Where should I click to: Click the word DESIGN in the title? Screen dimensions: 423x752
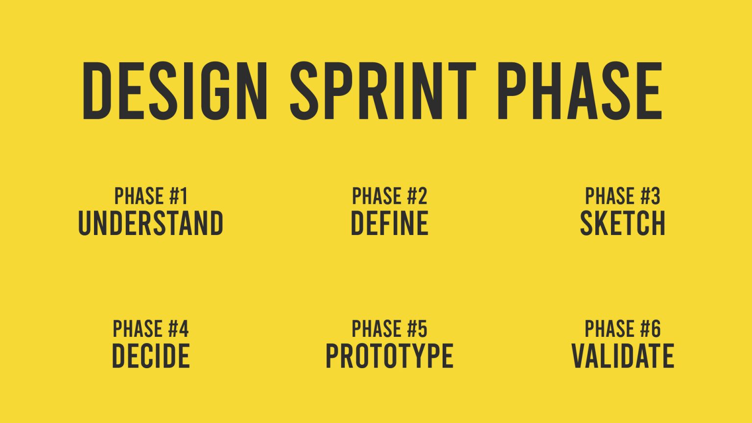point(175,91)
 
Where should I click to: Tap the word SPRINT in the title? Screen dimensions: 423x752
point(383,91)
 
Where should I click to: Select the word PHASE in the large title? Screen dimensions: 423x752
point(580,91)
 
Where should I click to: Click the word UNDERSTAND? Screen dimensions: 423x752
point(151,223)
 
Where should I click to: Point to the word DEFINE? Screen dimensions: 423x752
point(390,223)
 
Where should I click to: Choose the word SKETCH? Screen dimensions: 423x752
point(623,223)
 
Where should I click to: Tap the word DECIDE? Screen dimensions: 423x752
point(151,356)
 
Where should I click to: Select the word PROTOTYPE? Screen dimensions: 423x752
point(390,356)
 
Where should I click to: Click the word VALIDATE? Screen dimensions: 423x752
point(623,356)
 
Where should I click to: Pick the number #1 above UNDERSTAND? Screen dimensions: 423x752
point(179,196)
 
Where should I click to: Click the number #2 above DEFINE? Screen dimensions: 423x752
point(417,196)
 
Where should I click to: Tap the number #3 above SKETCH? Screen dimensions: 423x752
point(650,196)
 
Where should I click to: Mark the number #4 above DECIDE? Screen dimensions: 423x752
point(178,329)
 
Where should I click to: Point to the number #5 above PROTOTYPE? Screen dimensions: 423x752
point(417,329)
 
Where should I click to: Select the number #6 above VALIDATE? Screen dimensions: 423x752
point(650,329)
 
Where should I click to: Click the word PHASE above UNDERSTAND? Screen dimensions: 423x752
point(139,196)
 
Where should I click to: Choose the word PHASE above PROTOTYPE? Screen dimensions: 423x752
point(376,329)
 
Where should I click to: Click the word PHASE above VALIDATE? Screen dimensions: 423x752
point(609,329)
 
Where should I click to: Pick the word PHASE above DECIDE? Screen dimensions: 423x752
point(137,329)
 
